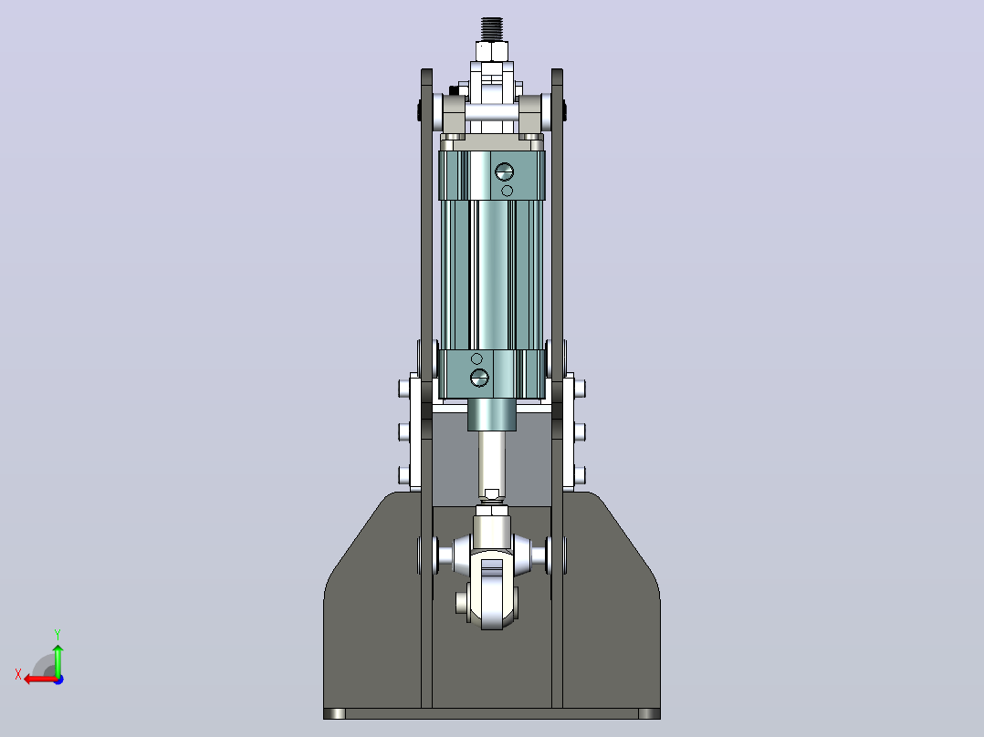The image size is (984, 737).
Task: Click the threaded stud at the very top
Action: [492, 29]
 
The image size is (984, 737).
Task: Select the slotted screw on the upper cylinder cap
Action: [504, 171]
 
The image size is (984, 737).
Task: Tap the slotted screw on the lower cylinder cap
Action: [479, 377]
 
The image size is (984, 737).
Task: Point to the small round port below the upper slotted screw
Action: [508, 190]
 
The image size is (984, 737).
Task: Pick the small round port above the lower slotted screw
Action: [476, 358]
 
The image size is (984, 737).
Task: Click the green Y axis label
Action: [58, 634]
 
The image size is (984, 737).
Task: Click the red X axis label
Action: [18, 674]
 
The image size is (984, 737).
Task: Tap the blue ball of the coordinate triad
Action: [58, 680]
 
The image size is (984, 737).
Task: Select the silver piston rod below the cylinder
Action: [492, 462]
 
